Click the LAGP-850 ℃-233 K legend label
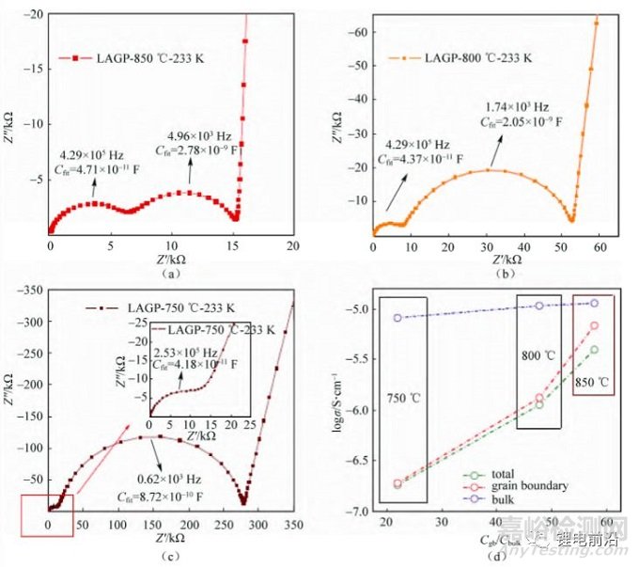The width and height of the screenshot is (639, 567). tap(141, 58)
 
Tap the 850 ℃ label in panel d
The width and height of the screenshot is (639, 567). tap(593, 384)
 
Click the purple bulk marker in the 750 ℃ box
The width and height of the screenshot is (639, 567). tap(397, 318)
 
